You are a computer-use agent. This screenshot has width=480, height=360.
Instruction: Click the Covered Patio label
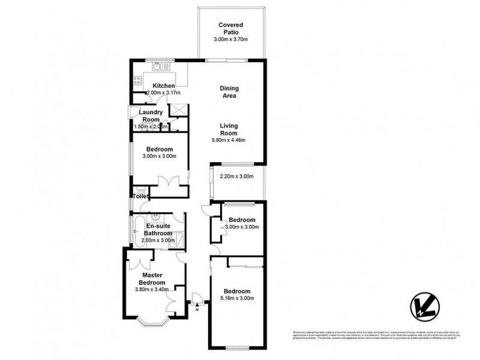(x=231, y=28)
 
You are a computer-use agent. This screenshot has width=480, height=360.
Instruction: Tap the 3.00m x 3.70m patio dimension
(x=231, y=40)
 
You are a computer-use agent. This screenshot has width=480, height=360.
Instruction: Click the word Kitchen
(x=163, y=86)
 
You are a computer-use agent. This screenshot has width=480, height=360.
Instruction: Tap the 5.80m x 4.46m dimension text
(x=229, y=140)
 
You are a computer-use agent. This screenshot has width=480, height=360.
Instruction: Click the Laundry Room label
(x=151, y=116)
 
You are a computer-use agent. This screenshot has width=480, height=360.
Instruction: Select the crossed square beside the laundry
(x=178, y=110)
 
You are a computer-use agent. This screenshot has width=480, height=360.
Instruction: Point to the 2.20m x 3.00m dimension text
(x=237, y=176)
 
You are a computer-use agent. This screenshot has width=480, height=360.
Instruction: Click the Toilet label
(x=140, y=196)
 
